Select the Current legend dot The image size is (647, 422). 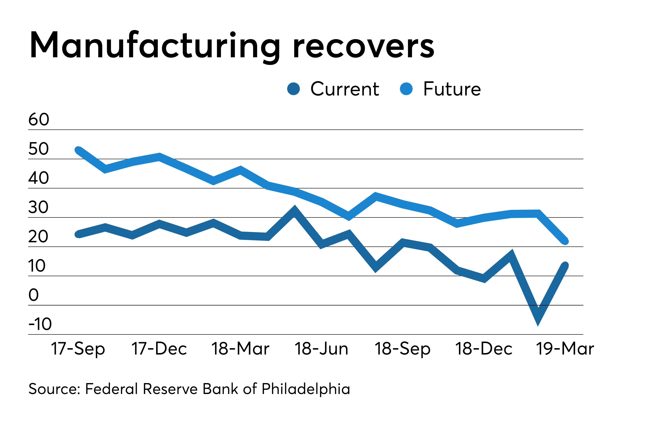coord(294,89)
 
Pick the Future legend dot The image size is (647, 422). coord(406,89)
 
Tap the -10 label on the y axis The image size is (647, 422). coord(40,324)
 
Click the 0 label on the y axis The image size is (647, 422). coord(34,295)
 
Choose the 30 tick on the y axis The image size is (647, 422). coord(38,207)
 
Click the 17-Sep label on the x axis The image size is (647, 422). coord(78,349)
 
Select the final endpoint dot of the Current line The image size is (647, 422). coord(565,265)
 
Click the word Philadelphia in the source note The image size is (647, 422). coord(306,389)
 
